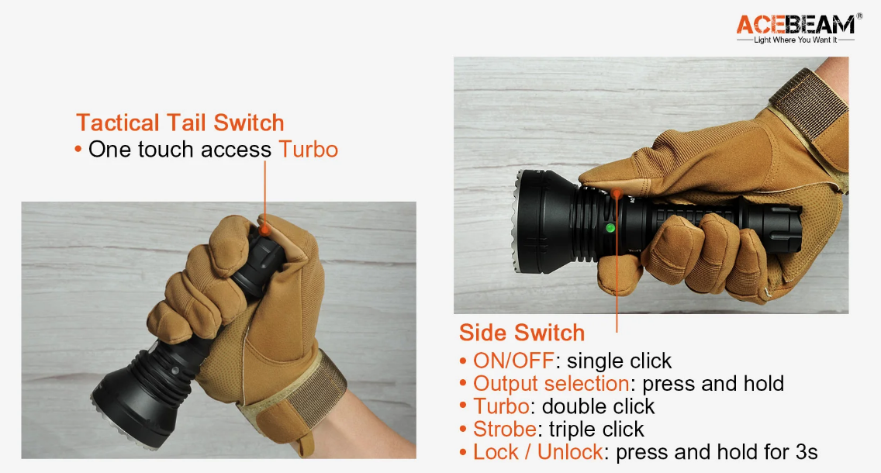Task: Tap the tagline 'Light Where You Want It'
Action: coord(795,40)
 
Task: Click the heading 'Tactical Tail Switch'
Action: coord(181,123)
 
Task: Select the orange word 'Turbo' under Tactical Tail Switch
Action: coord(309,150)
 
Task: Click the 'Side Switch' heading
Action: coord(522,333)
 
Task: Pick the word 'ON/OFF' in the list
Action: coord(513,361)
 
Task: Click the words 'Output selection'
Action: coord(551,384)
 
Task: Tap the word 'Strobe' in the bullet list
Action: coord(505,429)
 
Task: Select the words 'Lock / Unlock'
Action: coord(537,452)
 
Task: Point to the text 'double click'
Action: coord(598,406)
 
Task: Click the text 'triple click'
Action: coord(596,429)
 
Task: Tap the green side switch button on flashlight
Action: coord(610,228)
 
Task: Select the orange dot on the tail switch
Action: coord(264,230)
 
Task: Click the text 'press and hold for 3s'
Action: coord(717,452)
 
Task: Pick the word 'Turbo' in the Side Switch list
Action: coord(501,406)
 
